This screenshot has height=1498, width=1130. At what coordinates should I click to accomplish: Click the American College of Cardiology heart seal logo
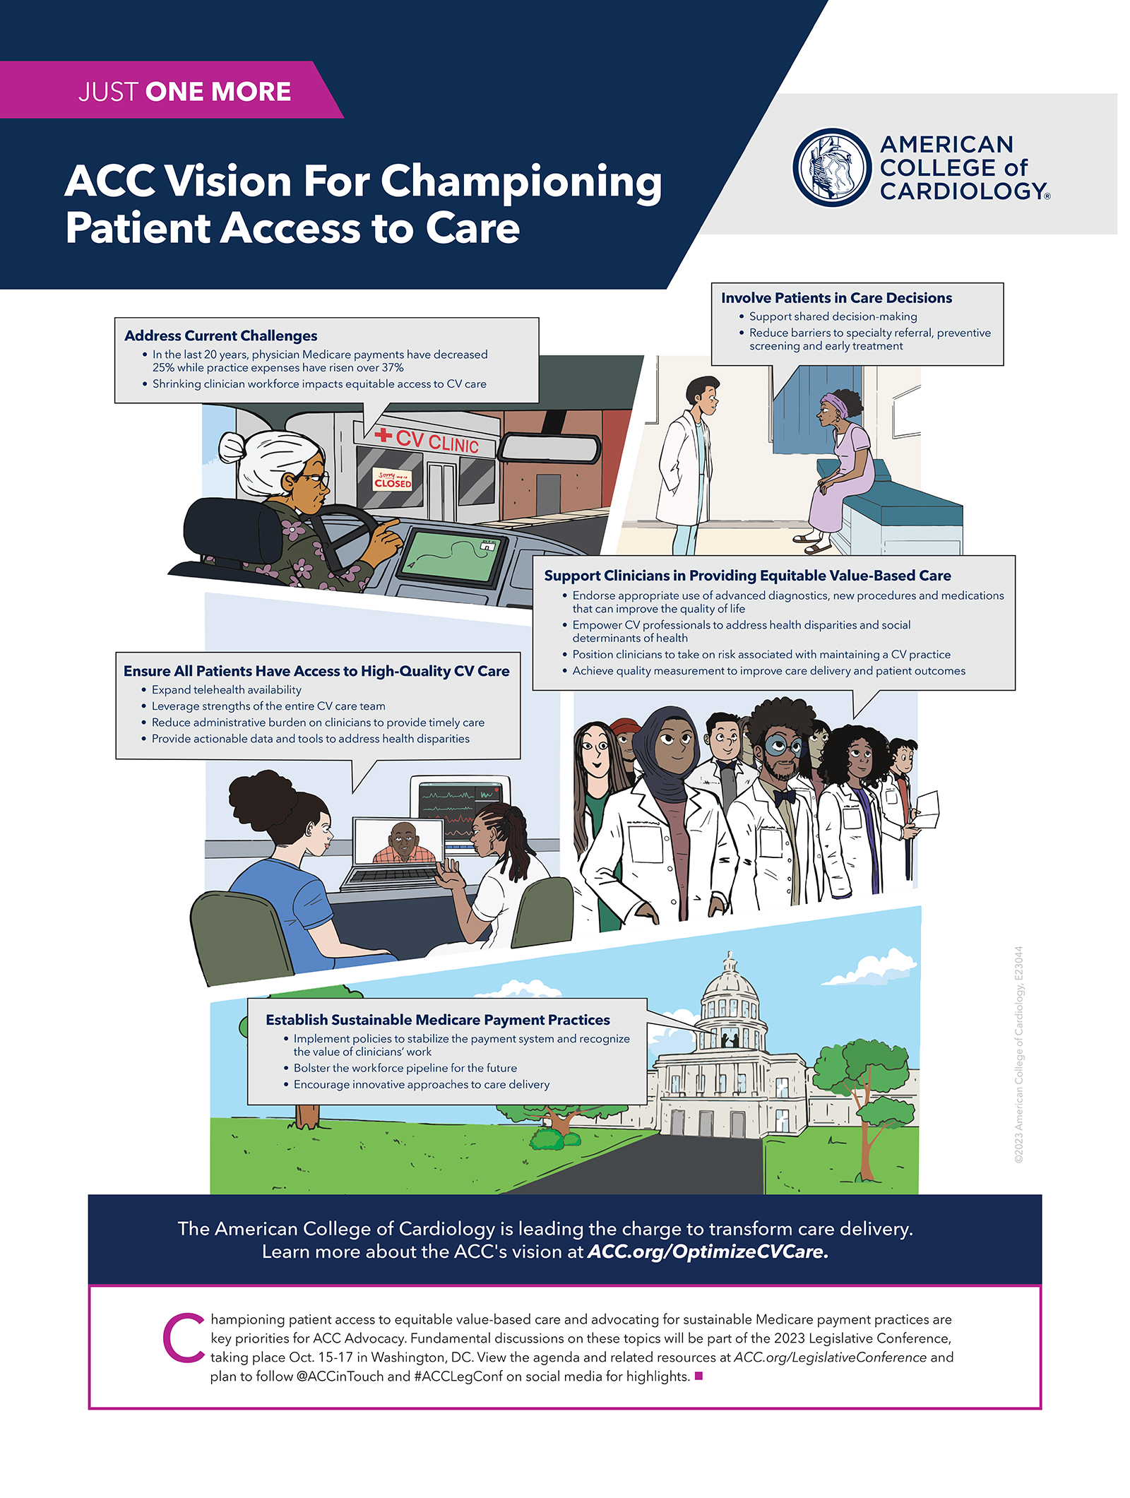point(832,167)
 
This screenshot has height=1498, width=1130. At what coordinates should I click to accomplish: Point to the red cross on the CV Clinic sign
point(383,434)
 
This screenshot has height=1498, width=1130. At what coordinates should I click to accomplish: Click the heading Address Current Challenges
point(221,335)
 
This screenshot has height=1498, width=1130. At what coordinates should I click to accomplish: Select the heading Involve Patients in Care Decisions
point(836,298)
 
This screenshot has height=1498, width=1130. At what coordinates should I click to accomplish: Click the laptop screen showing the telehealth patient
point(399,841)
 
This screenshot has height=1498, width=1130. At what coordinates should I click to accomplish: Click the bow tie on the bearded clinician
point(784,797)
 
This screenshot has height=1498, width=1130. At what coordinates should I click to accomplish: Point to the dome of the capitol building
point(730,982)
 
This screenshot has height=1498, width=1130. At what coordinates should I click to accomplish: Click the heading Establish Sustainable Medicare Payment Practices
point(438,1020)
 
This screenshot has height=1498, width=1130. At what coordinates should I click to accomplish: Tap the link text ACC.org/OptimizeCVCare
point(708,1252)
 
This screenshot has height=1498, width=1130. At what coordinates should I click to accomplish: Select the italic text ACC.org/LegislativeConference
point(830,1357)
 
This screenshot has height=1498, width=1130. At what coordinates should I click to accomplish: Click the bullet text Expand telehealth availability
point(227,690)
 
